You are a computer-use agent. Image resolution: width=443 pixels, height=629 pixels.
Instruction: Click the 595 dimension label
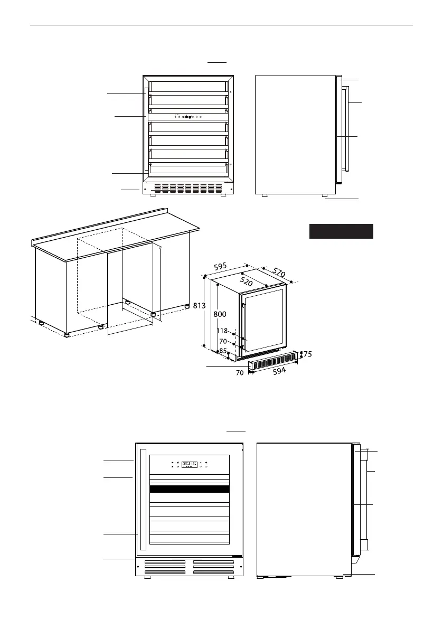tap(221, 266)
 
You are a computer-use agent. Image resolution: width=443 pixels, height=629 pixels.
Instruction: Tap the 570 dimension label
tap(279, 273)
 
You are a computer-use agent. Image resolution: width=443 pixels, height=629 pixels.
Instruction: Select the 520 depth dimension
tap(246, 281)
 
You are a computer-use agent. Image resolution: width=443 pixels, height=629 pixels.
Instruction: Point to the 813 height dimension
tap(199, 306)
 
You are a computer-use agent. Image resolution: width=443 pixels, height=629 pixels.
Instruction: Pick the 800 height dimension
tap(220, 315)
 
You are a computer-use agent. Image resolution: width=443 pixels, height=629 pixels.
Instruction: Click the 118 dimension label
tap(222, 331)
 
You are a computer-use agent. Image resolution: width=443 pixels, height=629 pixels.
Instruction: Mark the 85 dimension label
tap(223, 351)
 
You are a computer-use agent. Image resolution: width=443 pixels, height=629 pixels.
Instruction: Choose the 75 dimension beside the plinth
tap(307, 354)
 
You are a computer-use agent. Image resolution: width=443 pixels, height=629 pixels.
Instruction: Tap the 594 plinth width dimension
tap(279, 371)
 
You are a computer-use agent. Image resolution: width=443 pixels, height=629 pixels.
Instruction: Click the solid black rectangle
tap(341, 231)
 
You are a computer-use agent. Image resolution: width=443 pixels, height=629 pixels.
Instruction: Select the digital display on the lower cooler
tap(189, 465)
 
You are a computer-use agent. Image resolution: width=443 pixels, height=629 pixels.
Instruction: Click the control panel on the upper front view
tap(188, 117)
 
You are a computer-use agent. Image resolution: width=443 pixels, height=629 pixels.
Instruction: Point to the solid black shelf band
tap(189, 489)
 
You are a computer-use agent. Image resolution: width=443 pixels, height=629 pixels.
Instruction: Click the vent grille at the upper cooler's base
tap(187, 187)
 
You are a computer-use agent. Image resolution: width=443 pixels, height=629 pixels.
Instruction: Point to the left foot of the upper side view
tap(264, 195)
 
